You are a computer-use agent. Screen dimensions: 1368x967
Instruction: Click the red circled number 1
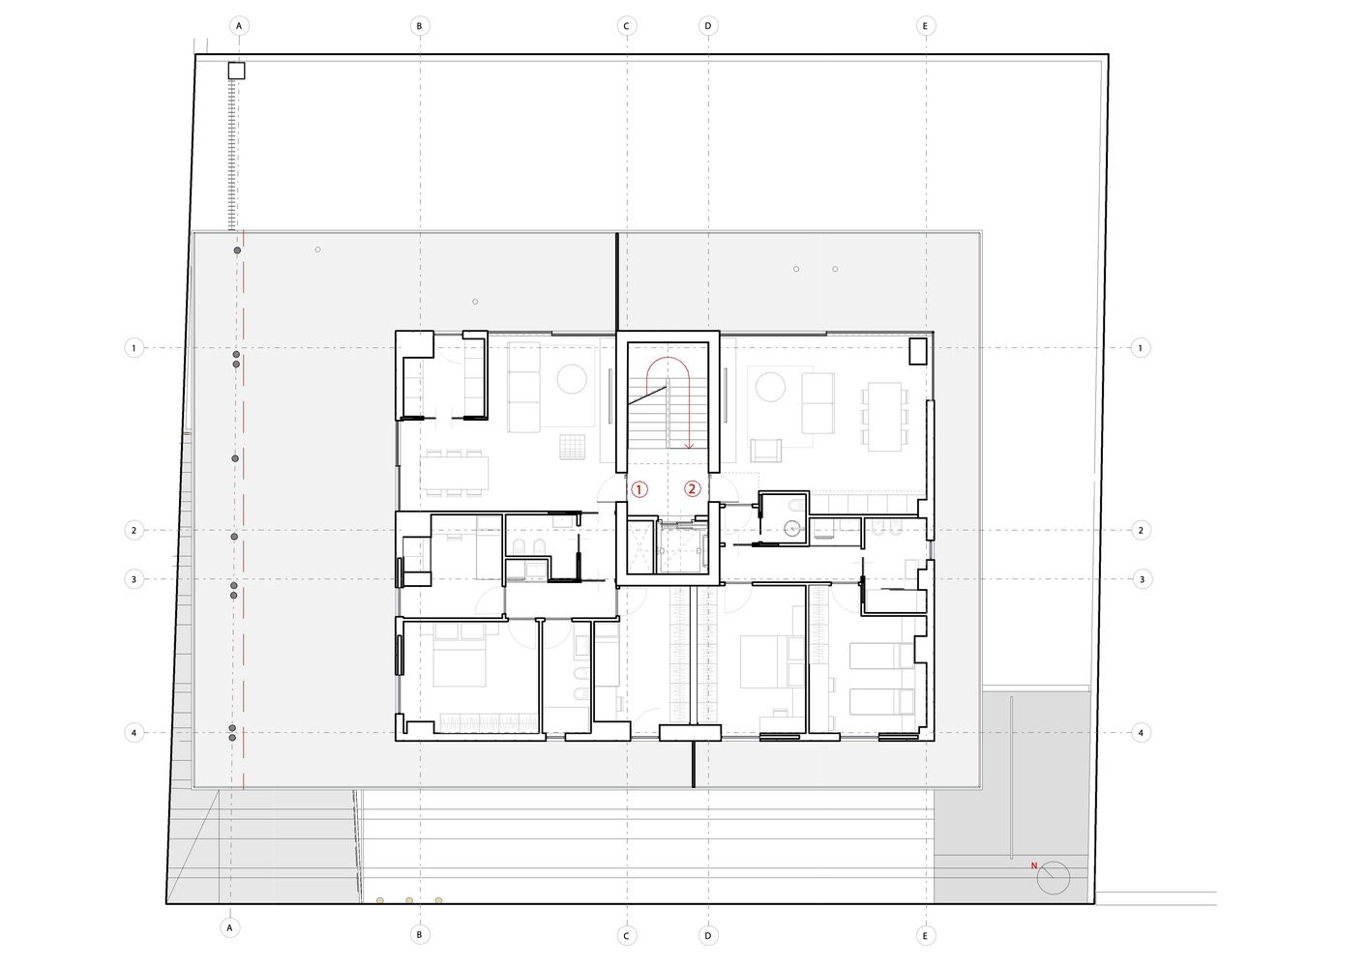pos(639,489)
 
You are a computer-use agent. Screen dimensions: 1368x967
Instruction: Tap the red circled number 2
pos(692,489)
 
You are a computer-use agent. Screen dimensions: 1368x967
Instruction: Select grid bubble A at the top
pos(239,26)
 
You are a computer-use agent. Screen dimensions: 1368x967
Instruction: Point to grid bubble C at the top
pos(626,26)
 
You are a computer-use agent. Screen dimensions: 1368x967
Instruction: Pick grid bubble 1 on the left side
pos(134,348)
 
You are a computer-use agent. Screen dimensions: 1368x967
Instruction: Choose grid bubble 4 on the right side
pos(1141,733)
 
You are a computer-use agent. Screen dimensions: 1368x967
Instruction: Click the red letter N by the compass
pos(1034,865)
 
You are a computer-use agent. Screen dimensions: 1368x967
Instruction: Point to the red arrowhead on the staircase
pos(690,446)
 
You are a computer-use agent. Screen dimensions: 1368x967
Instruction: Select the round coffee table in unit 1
pos(572,378)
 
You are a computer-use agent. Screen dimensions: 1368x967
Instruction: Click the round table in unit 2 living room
pos(770,387)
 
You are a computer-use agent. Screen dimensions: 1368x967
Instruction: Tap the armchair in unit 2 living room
pos(766,451)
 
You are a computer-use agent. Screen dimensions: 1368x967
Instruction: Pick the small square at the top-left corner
pos(236,71)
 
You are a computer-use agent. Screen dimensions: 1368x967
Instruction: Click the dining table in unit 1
pos(454,473)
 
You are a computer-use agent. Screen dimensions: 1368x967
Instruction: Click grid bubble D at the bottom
pos(708,935)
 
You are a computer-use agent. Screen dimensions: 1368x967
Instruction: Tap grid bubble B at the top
pos(419,26)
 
